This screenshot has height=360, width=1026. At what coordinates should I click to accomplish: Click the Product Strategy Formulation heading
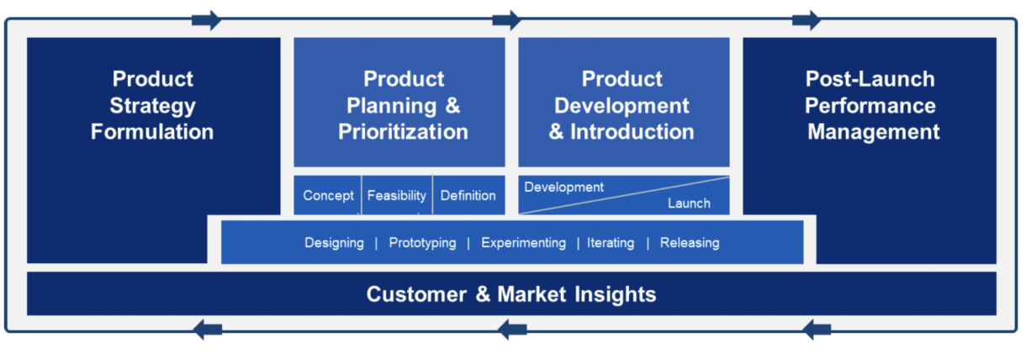click(153, 105)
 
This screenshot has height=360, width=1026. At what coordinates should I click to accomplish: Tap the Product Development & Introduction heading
click(622, 105)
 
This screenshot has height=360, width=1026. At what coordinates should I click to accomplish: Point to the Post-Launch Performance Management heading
click(870, 105)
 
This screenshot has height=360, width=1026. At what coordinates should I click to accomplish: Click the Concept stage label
click(328, 195)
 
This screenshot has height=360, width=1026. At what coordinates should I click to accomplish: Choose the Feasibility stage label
click(397, 195)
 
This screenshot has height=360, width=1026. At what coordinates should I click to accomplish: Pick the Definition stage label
click(468, 195)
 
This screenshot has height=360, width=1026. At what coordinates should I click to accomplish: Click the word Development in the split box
click(563, 187)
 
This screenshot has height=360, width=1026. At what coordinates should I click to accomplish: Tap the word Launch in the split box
click(689, 203)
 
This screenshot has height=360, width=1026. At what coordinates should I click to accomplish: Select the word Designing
click(334, 243)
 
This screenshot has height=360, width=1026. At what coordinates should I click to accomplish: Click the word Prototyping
click(422, 243)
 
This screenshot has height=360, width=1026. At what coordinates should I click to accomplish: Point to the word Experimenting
click(523, 243)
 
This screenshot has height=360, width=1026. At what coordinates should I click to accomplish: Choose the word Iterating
click(611, 243)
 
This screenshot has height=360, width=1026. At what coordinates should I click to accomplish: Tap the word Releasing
click(690, 243)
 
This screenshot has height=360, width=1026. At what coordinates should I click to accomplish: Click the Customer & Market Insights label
click(511, 294)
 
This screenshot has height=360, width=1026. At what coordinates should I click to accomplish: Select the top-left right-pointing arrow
click(206, 19)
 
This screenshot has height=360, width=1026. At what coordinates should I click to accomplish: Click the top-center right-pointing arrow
click(506, 19)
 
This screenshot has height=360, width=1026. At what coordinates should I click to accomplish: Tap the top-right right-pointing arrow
click(807, 19)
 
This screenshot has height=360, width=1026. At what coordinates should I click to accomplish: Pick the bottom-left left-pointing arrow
click(209, 330)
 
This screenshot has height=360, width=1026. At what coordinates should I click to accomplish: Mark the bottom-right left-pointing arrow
click(817, 330)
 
